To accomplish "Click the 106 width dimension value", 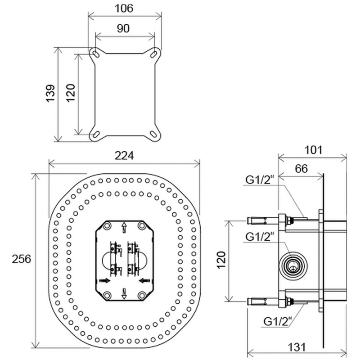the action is pos(124,9).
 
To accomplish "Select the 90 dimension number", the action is pos(123,28).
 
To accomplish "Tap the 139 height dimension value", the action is pos(50,94).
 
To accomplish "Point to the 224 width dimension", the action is pos(124,156).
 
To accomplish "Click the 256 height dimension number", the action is pos(21,259).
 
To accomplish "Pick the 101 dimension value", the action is pos(313,150).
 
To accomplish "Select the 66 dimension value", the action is pos(301,169).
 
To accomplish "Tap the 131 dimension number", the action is pos(297,347).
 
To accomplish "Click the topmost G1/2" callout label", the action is pos(260,180).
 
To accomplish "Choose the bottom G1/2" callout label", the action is pos(278,321).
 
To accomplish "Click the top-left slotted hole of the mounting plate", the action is pos(95,54).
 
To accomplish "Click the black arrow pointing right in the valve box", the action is pos(105,280).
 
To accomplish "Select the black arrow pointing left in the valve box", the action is pos(144,280).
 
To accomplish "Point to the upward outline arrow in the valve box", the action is pos(124,228).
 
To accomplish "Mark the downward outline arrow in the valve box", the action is pos(124,293).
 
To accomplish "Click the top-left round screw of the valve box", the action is pos(107,226).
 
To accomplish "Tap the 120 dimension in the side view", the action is pos(221,260).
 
